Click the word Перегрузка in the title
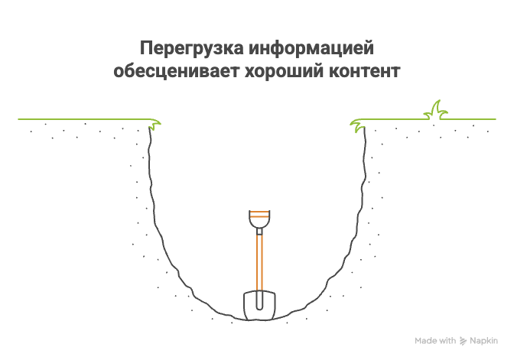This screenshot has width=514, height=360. pyautogui.click(x=191, y=50)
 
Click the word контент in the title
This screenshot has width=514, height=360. pyautogui.click(x=363, y=73)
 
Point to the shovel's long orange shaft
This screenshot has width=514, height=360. pyautogui.click(x=259, y=260)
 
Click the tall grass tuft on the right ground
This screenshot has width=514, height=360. pyautogui.click(x=437, y=112)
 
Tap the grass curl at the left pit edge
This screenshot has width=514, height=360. pyautogui.click(x=155, y=123)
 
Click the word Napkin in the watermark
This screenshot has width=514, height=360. pyautogui.click(x=483, y=341)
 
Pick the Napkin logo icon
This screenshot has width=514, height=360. pyautogui.click(x=464, y=341)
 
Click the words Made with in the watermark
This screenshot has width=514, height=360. pyautogui.click(x=435, y=341)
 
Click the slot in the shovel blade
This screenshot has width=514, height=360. pyautogui.click(x=259, y=300)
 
